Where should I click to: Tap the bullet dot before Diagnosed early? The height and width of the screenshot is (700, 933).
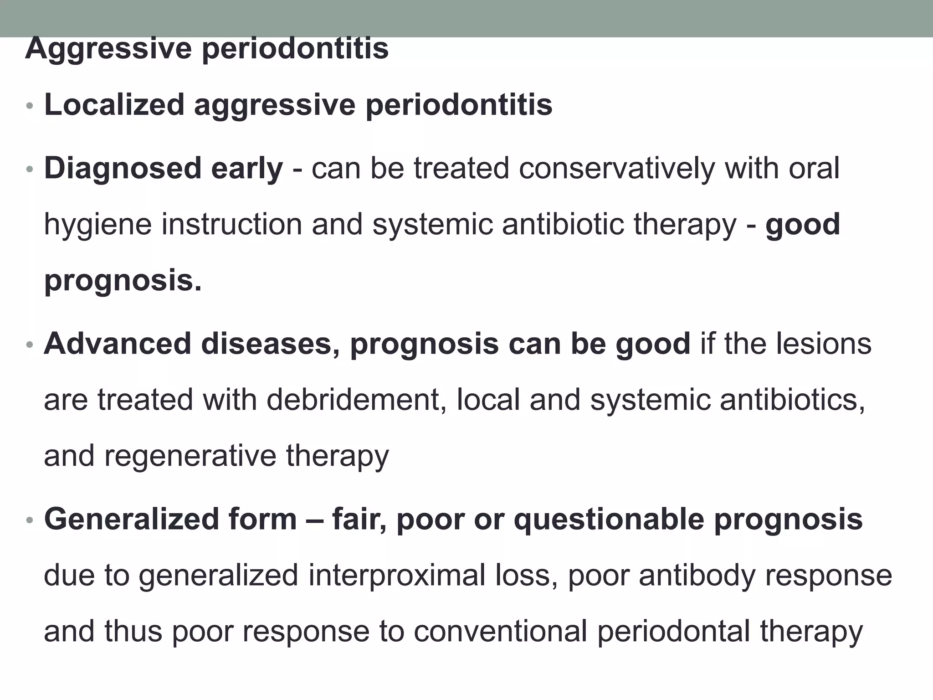30,170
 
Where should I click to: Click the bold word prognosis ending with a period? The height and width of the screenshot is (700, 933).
123,281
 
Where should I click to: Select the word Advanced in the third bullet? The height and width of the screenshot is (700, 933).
117,344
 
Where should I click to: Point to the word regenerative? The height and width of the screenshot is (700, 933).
190,456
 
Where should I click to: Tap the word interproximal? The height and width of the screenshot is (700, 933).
396,575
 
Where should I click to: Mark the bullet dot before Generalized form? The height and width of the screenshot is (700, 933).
30,520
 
